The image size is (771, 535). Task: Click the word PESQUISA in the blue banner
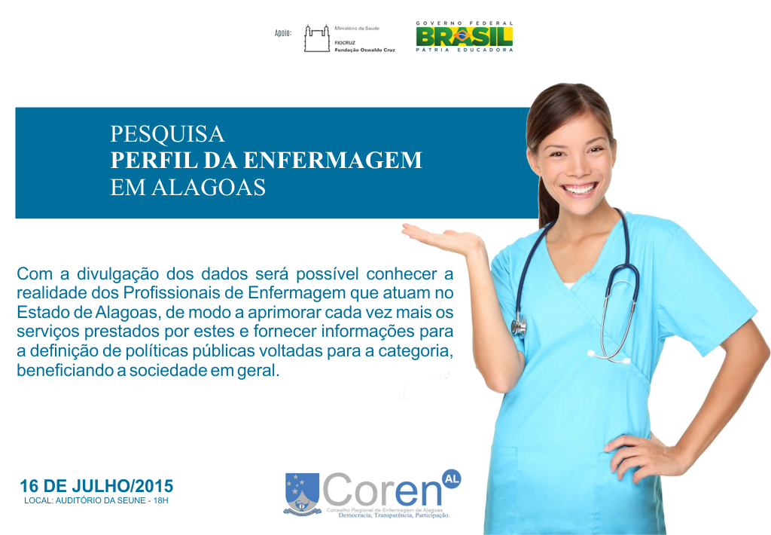point(167,134)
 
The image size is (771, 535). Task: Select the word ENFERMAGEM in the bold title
point(333,160)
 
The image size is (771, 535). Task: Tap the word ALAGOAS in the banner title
point(209,188)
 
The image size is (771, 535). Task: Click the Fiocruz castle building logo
point(317,38)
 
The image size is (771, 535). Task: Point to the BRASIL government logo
point(464,36)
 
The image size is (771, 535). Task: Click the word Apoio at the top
point(283,33)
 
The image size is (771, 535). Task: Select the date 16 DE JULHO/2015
point(96,486)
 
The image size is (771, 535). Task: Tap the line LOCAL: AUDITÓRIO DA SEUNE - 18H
point(96,500)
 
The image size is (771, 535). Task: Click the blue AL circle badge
point(452,478)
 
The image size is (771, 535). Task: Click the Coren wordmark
point(382,491)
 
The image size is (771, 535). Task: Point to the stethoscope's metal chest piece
point(518,326)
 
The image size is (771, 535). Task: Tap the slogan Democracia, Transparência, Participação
point(394,515)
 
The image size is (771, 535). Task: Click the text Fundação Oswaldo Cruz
point(365,50)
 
